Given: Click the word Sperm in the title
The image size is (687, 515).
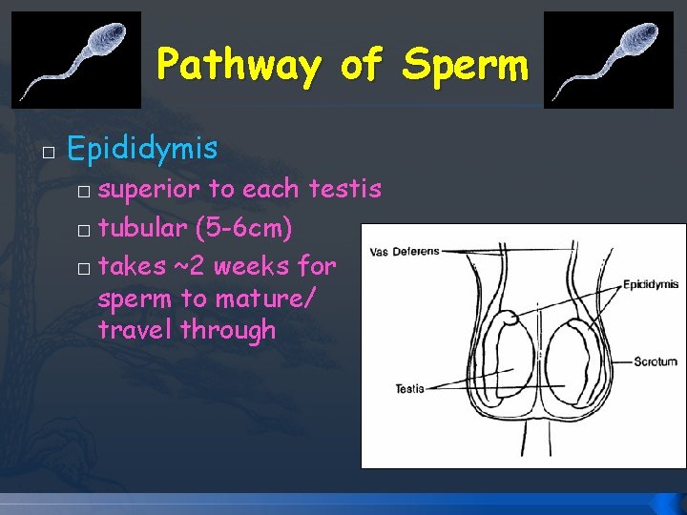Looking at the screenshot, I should pos(465,65).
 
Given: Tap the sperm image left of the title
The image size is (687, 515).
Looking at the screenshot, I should pos(75,59).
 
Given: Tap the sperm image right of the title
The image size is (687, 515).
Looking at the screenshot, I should pos(608,59).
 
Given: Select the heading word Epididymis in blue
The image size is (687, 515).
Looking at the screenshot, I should pos(143,149).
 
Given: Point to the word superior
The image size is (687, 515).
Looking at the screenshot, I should pos(150,190).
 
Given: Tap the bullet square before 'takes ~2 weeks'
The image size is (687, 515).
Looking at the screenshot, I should pos(85,266).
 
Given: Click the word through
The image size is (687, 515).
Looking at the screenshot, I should pos(228,330).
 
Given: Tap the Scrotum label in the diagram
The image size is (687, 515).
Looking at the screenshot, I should pos(656,361).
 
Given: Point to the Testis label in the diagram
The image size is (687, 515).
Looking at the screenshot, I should pos(409,388).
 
